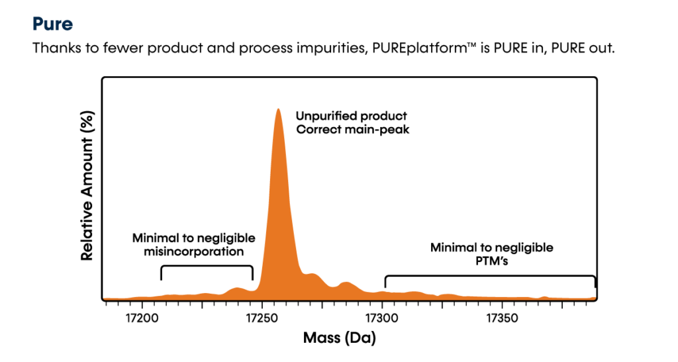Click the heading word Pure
(x=52, y=24)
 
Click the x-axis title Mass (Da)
(x=339, y=339)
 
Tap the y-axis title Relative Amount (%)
(x=86, y=186)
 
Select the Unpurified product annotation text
(x=351, y=116)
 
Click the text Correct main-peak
(x=353, y=130)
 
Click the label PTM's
(x=491, y=261)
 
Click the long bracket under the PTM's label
(x=490, y=275)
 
